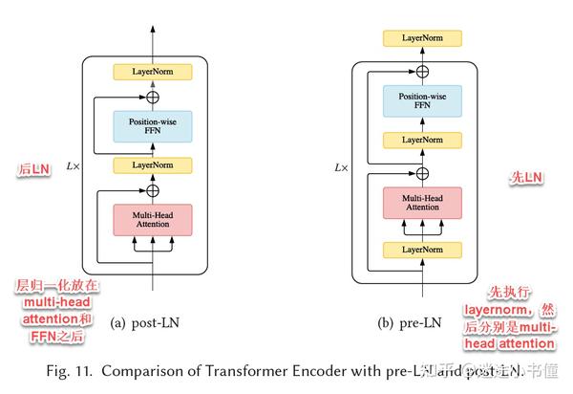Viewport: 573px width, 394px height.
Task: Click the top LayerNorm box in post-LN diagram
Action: pos(153,72)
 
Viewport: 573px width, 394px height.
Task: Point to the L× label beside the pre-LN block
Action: pos(341,167)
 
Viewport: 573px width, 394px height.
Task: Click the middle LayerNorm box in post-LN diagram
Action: pos(153,165)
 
